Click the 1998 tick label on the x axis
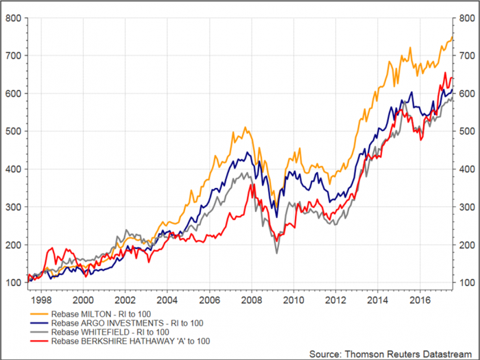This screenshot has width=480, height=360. click(40, 300)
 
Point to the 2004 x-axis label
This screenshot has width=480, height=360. click(167, 300)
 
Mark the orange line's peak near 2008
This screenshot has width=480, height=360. click(245, 127)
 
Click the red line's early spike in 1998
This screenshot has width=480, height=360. click(52, 248)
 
